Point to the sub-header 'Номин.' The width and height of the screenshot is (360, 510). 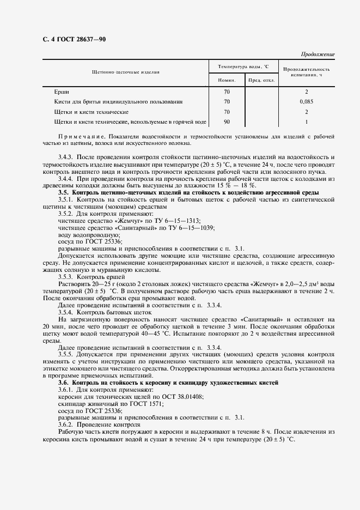[227, 81]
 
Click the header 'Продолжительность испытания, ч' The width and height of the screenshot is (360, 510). [307, 72]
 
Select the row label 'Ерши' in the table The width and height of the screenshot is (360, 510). [62, 92]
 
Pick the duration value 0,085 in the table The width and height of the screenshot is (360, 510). [307, 101]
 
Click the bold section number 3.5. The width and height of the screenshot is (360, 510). [64, 193]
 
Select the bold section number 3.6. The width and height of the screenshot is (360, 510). [64, 383]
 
